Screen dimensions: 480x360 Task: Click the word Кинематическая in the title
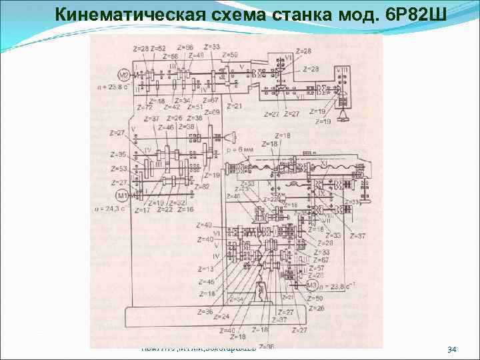point(127,14)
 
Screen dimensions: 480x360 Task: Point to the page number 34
point(451,350)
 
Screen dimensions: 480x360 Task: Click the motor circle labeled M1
point(121,195)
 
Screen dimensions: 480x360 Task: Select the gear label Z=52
point(158,49)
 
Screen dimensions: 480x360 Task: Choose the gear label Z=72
point(144,107)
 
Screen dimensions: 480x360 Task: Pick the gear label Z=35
point(118,154)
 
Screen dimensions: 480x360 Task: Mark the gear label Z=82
point(202,186)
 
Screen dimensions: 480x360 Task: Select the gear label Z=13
point(206,269)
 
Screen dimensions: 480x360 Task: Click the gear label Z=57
point(317,267)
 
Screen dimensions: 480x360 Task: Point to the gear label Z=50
point(315,298)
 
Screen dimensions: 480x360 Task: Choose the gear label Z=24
point(222,317)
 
